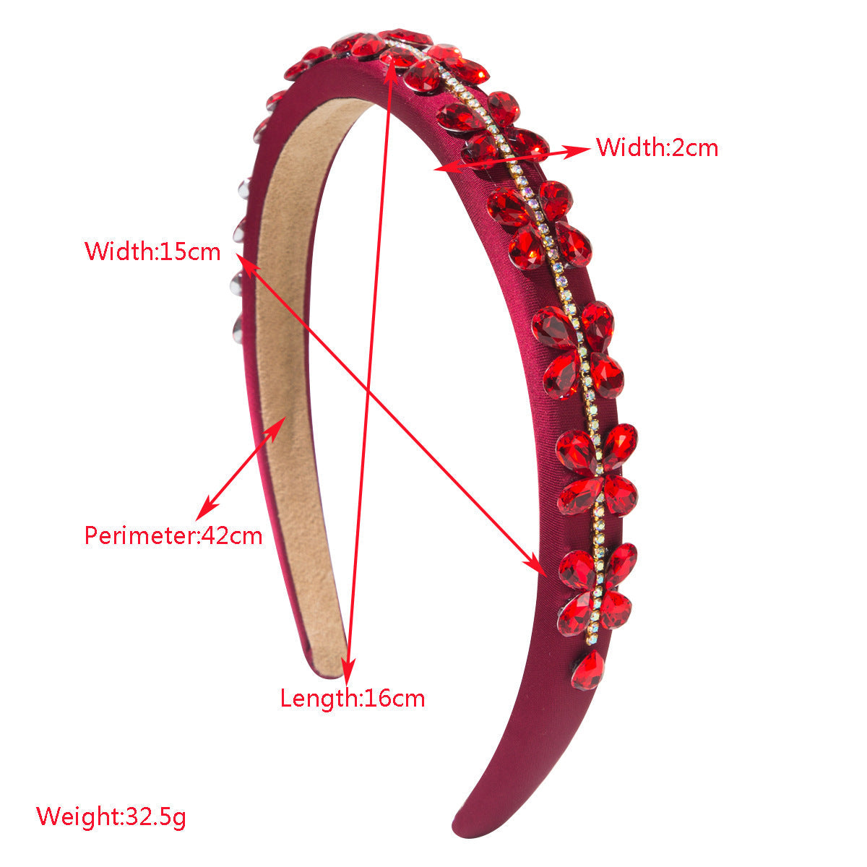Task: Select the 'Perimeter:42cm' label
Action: pos(173,535)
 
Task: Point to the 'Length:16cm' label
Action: pos(353,698)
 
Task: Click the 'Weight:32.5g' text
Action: pos(111,816)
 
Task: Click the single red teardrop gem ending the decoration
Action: pos(587,670)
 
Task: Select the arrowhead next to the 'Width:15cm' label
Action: pos(248,264)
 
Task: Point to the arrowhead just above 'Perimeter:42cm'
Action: pos(207,509)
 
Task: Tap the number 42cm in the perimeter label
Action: pos(231,535)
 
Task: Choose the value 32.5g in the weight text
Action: pos(155,817)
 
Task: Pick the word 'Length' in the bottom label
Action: pos(319,698)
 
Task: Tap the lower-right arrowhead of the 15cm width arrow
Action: pos(535,566)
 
